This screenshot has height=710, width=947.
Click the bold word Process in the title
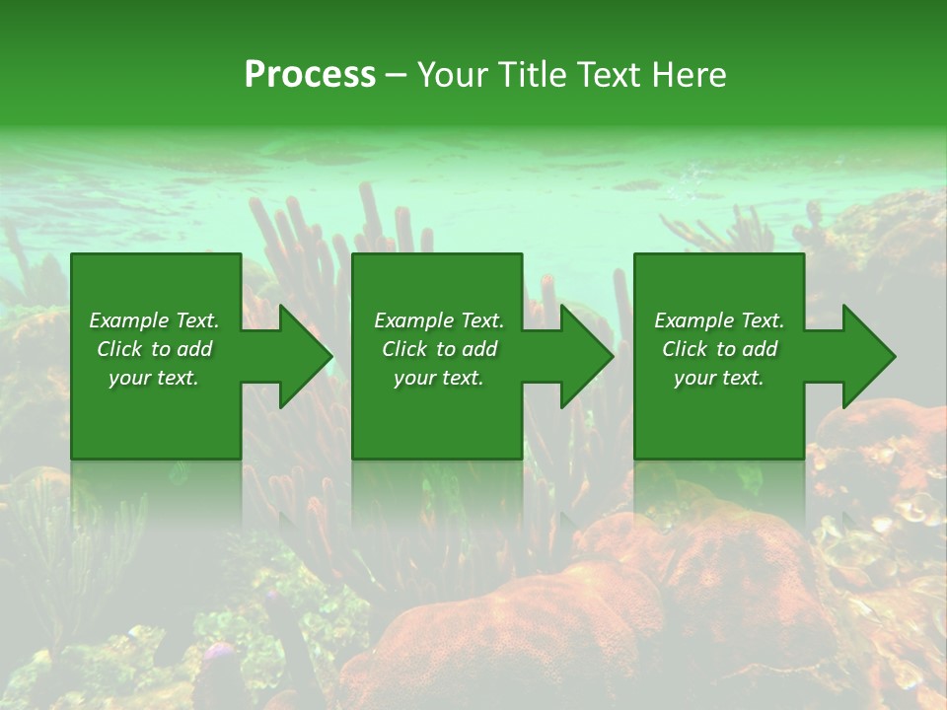pyautogui.click(x=310, y=75)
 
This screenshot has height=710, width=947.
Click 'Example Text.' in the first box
pyautogui.click(x=154, y=320)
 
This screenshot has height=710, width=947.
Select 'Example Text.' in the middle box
pyautogui.click(x=439, y=320)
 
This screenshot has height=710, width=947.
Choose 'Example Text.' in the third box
pyautogui.click(x=719, y=320)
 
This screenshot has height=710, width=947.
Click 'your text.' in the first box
pyautogui.click(x=154, y=378)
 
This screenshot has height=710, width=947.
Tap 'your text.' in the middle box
pyautogui.click(x=439, y=378)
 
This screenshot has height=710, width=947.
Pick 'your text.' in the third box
pyautogui.click(x=719, y=378)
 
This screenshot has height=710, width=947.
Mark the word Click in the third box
pyautogui.click(x=686, y=349)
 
